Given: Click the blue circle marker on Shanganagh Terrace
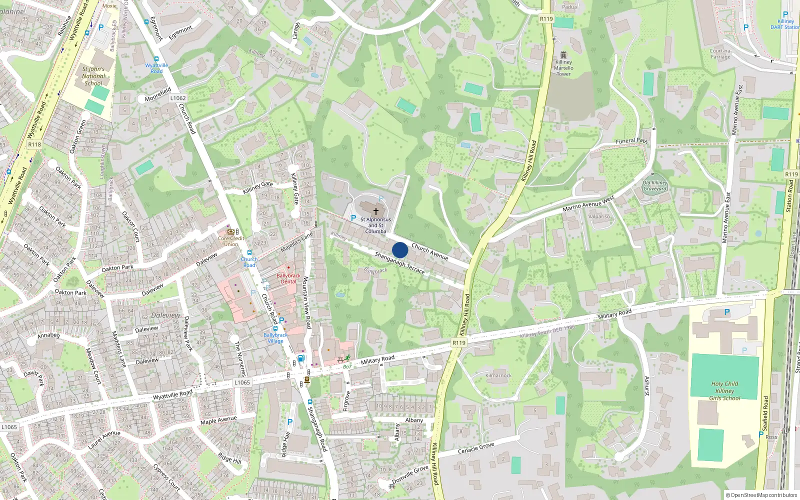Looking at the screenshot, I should click(400, 250).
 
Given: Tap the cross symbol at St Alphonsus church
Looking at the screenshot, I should click(376, 211).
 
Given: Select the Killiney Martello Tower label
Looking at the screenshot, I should click(563, 68).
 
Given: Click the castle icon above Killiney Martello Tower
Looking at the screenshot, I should click(563, 54).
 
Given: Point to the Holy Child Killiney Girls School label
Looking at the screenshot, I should click(724, 391).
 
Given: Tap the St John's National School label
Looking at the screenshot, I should click(93, 76).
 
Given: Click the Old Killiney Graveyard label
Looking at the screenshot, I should click(655, 185).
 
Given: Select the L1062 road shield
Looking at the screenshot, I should click(177, 98).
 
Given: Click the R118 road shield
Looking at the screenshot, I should click(34, 144).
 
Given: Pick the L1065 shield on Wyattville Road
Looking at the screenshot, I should click(242, 382).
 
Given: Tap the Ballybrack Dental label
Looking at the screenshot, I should click(288, 278).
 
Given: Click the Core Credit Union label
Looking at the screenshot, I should click(231, 241).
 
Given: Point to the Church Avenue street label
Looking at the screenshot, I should click(429, 251).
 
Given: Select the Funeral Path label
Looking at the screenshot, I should click(631, 141).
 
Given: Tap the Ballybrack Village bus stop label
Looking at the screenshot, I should click(275, 338).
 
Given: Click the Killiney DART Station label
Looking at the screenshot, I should click(785, 24).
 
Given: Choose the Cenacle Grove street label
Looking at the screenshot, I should click(476, 448).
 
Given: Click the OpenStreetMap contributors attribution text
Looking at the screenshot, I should click(761, 495).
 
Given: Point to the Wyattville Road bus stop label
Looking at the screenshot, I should click(156, 68).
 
